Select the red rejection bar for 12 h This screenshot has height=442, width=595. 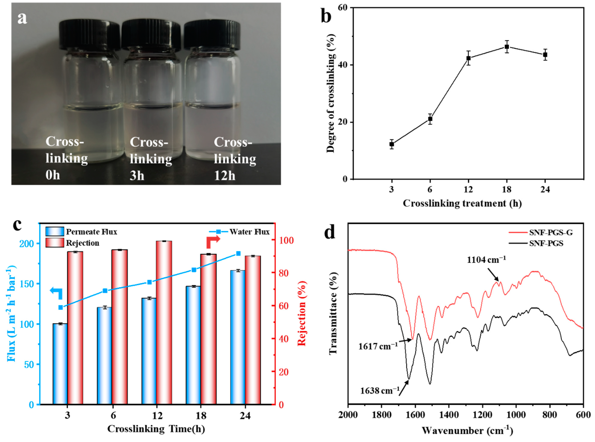tap(164, 321)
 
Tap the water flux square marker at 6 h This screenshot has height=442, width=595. tap(105, 291)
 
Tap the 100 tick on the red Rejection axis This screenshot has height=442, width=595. tap(284, 241)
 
